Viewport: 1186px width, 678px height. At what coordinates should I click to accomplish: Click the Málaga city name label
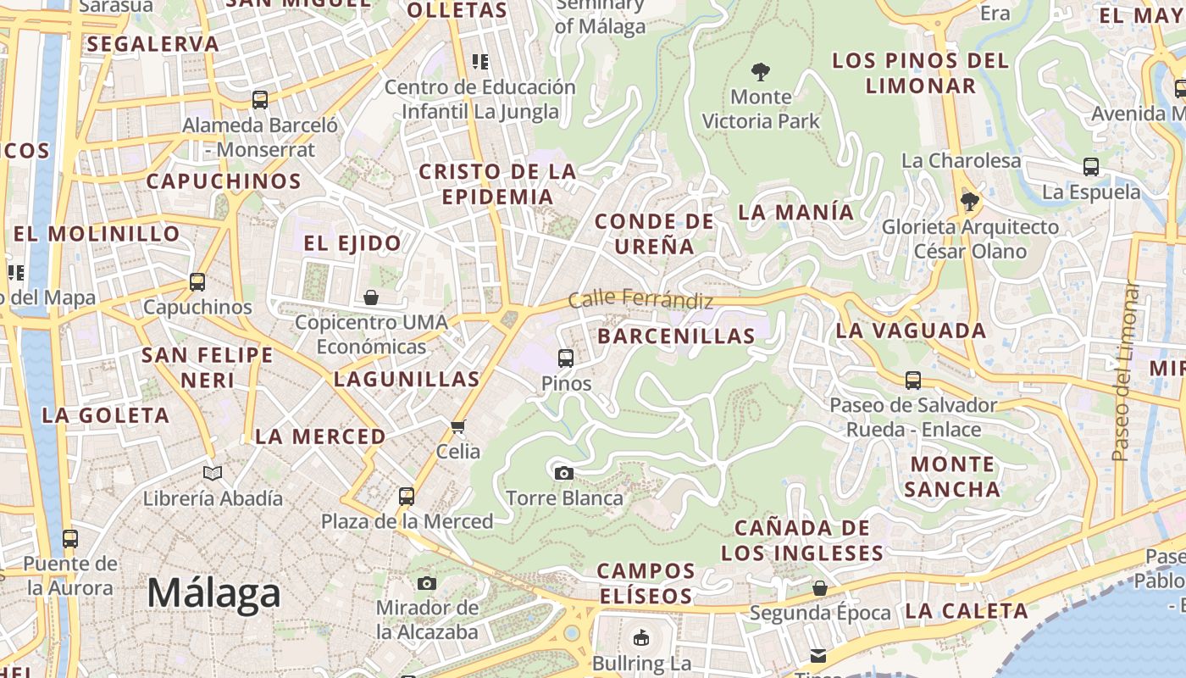pos(213,592)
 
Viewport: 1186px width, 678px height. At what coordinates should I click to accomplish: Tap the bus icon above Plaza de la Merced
pos(407,496)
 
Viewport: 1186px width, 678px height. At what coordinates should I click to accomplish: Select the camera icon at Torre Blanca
pos(564,473)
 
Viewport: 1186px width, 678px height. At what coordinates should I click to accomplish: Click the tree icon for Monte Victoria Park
pos(761,71)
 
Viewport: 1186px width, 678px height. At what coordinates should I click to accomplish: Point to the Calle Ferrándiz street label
pos(640,299)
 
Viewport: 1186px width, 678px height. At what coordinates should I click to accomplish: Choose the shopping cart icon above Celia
pos(458,426)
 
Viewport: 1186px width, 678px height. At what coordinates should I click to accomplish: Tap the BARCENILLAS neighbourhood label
pos(676,336)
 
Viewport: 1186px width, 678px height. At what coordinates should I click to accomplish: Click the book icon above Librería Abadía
pos(213,473)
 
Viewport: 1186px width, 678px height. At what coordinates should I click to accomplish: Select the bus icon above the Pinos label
pos(566,358)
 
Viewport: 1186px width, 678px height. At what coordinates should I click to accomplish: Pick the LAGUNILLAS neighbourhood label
pos(407,379)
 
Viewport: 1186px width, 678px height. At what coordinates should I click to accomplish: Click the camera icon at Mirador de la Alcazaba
pos(427,583)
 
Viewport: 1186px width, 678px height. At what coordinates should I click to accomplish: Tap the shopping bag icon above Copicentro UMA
pos(371,297)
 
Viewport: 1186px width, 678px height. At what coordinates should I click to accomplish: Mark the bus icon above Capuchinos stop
pos(197,281)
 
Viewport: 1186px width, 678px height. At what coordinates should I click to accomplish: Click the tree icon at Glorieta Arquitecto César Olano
pos(970,202)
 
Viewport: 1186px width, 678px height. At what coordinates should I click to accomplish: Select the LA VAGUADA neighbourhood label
pos(911,331)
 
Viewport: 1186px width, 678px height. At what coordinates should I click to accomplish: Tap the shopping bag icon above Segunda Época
pos(820,587)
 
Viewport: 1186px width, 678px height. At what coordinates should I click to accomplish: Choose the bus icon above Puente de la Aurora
pos(70,538)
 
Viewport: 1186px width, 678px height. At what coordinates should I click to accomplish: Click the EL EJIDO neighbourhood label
pos(352,243)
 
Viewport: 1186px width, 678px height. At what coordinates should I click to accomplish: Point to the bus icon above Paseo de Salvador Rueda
pos(913,380)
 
